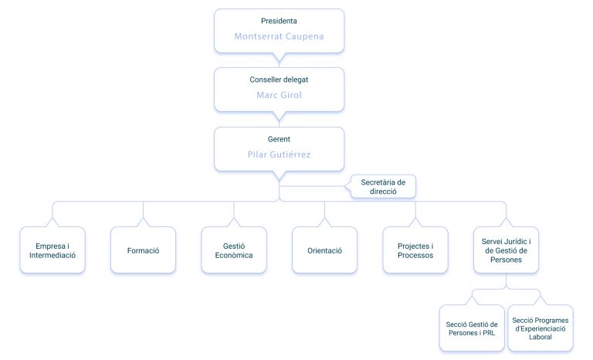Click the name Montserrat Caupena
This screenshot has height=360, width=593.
click(279, 36)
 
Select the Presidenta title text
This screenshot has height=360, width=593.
click(279, 21)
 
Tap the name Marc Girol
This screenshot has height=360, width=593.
click(279, 95)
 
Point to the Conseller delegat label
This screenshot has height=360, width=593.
click(279, 80)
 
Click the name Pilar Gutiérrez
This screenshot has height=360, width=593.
click(279, 155)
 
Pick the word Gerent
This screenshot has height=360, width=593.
click(279, 139)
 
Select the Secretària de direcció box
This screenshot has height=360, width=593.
click(383, 187)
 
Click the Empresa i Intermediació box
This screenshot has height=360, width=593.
click(53, 250)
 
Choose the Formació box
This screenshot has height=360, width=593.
click(144, 250)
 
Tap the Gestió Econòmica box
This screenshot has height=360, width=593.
click(234, 250)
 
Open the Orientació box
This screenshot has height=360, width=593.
click(325, 250)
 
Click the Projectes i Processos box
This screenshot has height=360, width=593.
click(415, 250)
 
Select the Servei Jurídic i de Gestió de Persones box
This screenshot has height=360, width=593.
click(507, 250)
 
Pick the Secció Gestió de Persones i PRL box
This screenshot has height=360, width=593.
click(472, 328)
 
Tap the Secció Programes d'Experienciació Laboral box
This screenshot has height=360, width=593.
click(540, 328)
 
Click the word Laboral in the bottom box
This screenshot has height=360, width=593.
click(540, 337)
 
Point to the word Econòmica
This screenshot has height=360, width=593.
click(234, 255)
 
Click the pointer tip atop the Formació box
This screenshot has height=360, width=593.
click(144, 219)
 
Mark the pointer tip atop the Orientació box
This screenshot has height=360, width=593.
click(325, 219)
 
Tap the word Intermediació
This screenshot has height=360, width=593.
click(53, 255)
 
